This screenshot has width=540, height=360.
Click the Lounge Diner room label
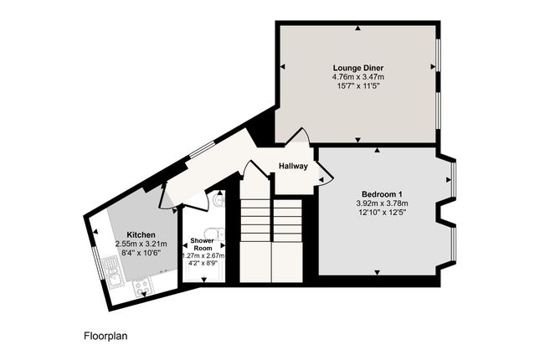(x=358, y=68)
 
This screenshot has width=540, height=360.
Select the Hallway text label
(x=293, y=166)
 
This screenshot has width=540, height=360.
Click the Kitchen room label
(x=141, y=235)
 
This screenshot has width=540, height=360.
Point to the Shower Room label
(x=202, y=244)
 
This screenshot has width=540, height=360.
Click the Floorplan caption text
(x=105, y=336)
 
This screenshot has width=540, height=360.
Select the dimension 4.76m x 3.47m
(x=358, y=77)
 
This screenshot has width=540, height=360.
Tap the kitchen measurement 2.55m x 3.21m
(x=141, y=244)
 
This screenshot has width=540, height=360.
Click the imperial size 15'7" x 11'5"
(x=358, y=85)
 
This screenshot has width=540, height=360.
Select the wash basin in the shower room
(x=219, y=199)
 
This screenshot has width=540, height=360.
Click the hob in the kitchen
(x=142, y=286)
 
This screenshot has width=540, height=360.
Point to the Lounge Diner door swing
(x=297, y=136)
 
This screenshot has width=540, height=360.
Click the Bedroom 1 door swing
(x=325, y=173)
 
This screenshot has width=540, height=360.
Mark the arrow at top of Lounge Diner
(x=358, y=28)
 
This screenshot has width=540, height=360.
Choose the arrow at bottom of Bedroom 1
(x=377, y=272)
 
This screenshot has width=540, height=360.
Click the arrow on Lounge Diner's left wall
(x=283, y=66)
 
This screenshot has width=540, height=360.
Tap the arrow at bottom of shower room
(x=204, y=280)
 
